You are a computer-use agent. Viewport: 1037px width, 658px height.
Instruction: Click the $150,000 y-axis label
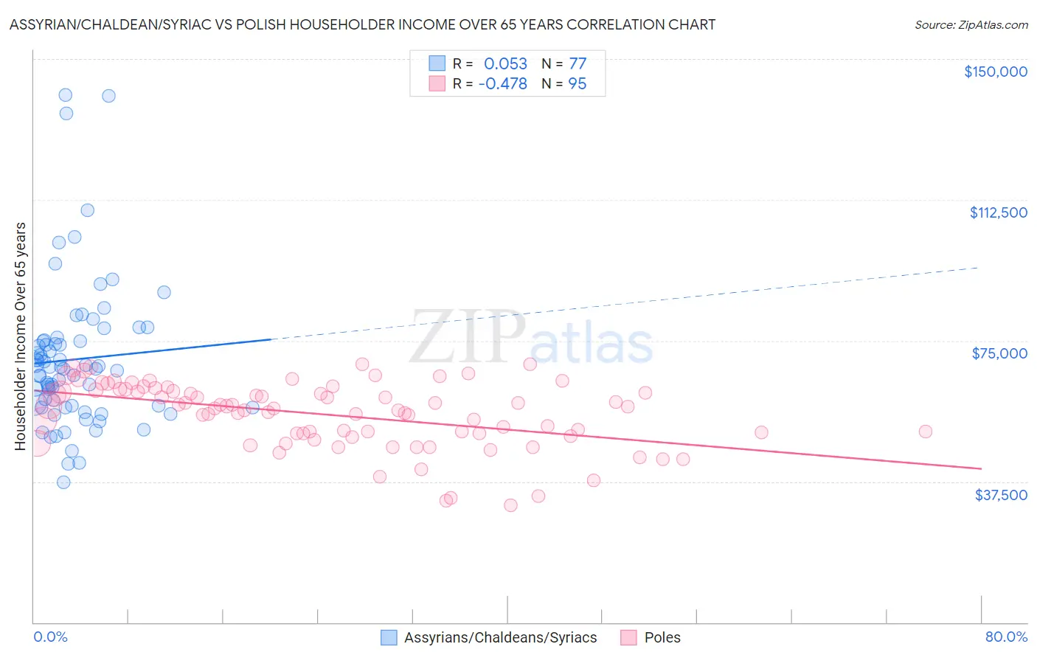[995, 72]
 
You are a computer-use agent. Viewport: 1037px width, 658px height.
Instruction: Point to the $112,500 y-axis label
[998, 212]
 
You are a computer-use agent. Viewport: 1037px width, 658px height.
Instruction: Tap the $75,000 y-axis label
[999, 353]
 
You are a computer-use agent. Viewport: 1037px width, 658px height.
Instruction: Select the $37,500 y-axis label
[1001, 495]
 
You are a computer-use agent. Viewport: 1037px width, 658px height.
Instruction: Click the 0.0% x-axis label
[50, 637]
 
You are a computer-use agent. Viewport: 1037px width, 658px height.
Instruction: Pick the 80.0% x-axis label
[1006, 637]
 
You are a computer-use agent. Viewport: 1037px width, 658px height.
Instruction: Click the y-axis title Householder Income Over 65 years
[20, 336]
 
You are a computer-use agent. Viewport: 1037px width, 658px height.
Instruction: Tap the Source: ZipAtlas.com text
[971, 24]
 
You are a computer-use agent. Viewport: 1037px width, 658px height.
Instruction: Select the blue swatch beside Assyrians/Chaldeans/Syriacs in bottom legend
[389, 637]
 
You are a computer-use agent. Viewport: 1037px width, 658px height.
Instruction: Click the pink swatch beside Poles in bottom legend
[628, 637]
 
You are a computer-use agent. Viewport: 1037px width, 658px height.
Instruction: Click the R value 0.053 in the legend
[505, 63]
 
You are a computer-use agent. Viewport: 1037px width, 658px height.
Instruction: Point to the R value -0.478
[502, 84]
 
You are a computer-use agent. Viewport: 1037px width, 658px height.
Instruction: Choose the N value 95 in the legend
[577, 84]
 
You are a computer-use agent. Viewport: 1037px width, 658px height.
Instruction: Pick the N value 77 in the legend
[577, 63]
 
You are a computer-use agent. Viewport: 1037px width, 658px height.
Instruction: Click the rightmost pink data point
[925, 432]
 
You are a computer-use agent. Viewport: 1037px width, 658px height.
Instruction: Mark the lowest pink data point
[510, 505]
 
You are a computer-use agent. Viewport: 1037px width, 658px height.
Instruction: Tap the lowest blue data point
[63, 482]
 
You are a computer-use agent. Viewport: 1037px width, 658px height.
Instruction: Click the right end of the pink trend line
[981, 468]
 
